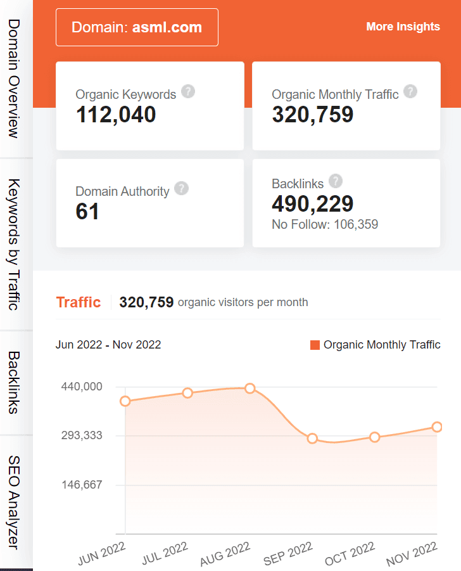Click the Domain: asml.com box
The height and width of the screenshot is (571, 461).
pos(137,27)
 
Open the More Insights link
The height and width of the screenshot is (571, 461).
pos(403,27)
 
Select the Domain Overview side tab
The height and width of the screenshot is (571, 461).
pos(14,79)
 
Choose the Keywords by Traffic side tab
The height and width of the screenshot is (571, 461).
pos(14,244)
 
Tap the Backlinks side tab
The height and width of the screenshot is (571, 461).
pos(14,382)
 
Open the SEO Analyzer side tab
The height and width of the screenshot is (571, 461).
pos(14,502)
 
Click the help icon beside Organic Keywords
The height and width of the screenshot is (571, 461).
pos(188,91)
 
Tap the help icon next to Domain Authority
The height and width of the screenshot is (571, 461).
pos(181,188)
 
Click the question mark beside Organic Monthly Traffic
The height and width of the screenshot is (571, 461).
pos(410,91)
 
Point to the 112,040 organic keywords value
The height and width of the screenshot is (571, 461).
pos(116,115)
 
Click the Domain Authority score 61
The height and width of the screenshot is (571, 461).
pos(87,212)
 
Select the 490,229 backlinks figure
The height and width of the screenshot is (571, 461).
pos(313,203)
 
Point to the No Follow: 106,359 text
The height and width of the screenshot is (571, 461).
pos(325,224)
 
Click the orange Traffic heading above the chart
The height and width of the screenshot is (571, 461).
pos(79,302)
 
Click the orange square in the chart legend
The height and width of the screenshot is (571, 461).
pos(315,345)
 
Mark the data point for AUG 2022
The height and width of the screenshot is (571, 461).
pos(250,388)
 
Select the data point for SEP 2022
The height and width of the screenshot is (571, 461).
pos(312,439)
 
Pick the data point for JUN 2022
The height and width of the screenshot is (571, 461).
pos(125,401)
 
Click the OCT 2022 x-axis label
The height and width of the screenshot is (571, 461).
pos(351,554)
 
